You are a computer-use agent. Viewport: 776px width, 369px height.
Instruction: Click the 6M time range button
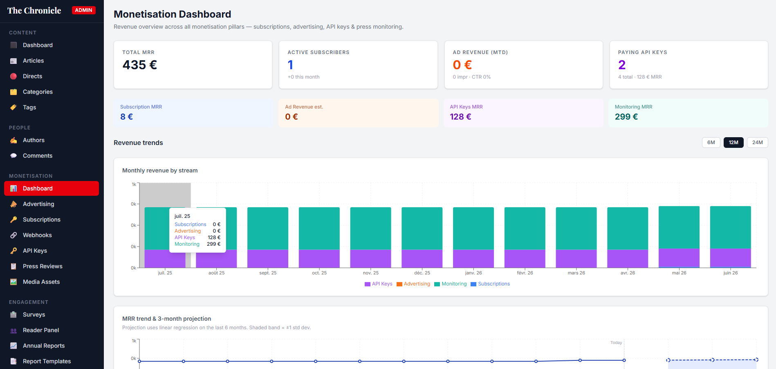(x=711, y=143)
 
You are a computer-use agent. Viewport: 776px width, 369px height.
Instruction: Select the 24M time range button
(x=757, y=143)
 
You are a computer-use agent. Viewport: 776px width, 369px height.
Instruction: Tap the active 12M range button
(x=733, y=143)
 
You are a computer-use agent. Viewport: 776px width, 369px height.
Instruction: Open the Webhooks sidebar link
(x=37, y=235)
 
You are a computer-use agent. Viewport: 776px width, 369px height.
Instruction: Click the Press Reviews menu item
(x=43, y=266)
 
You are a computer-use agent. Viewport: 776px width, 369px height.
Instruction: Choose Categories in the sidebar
(x=38, y=92)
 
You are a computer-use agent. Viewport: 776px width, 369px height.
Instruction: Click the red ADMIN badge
(x=83, y=10)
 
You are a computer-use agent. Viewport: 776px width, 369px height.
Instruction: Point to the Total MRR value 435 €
(x=140, y=65)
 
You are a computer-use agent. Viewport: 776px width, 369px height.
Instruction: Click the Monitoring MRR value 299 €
(x=626, y=117)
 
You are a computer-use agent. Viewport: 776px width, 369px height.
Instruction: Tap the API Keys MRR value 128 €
(x=461, y=117)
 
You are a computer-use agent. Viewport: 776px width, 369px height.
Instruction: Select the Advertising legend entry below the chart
(x=413, y=284)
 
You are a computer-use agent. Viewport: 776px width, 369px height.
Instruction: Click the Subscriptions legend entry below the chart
(x=490, y=284)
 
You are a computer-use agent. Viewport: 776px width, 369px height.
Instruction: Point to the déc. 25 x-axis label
(x=422, y=273)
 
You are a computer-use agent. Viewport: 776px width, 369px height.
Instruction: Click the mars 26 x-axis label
(x=576, y=273)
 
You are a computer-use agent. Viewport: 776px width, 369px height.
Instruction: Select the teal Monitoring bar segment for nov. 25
(x=370, y=229)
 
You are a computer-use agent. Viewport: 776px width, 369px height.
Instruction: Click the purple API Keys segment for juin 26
(x=730, y=258)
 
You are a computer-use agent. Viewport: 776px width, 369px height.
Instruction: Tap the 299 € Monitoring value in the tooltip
(x=213, y=244)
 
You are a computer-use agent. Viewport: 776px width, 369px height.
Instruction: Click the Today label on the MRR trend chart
(x=616, y=343)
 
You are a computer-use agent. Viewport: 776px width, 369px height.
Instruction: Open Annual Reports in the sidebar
(x=44, y=346)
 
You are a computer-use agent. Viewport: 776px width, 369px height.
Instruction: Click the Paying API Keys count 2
(x=622, y=65)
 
